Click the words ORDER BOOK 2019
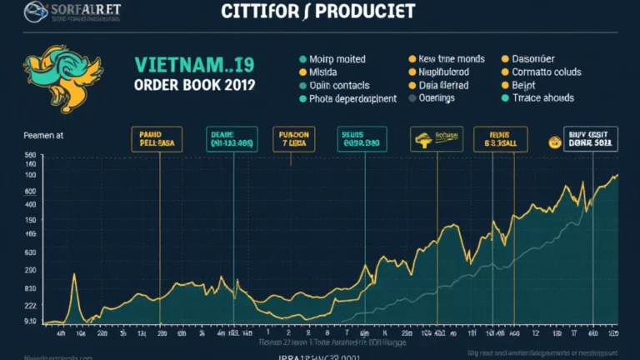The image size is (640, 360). tap(194, 85)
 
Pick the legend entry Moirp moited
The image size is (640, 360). tap(337, 60)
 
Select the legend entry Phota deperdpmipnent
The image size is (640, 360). tap(352, 98)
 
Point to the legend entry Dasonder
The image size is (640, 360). tap(534, 60)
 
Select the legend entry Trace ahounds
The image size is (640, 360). tap(542, 98)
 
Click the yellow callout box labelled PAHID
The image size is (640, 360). tap(157, 138)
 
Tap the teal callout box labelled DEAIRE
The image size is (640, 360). tap(233, 138)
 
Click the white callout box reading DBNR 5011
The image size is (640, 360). tap(591, 138)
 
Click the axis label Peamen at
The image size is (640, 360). tap(31, 134)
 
